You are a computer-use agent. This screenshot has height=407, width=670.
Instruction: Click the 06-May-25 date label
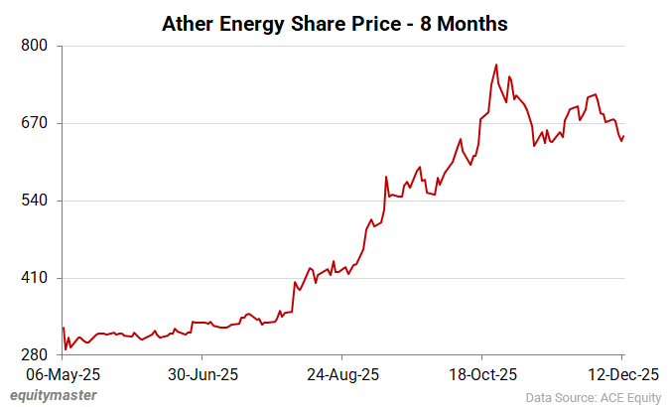coord(63,375)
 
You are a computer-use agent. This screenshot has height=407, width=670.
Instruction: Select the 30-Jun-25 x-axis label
coord(201,375)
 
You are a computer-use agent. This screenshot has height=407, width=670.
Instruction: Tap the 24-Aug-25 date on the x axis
coord(341,375)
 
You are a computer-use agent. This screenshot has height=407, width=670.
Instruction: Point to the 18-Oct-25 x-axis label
coord(480,375)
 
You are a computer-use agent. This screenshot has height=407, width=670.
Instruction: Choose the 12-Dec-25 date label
coord(621,375)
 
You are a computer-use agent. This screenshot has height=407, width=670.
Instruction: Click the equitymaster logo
coord(54,395)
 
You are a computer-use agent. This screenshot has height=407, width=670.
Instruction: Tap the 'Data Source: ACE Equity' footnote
coord(592,397)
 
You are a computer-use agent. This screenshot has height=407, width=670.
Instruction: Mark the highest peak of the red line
coord(496,66)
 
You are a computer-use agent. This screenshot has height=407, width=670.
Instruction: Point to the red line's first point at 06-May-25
coord(63,328)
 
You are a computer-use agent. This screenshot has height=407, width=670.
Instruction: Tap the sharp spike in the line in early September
coord(385,178)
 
